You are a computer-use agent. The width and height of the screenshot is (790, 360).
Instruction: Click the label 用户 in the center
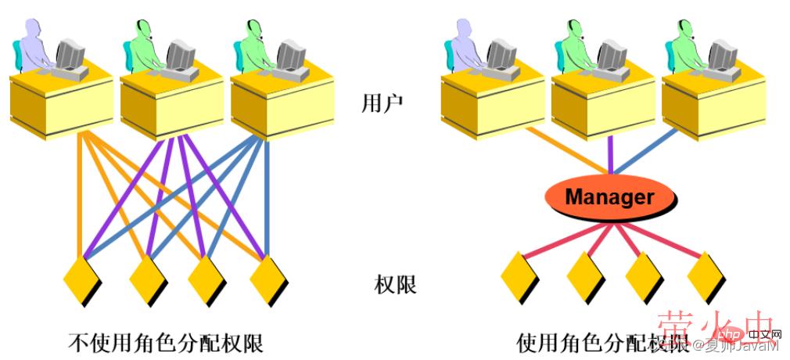coord(382,104)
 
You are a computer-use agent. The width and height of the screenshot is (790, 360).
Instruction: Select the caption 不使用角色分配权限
coord(166,343)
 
